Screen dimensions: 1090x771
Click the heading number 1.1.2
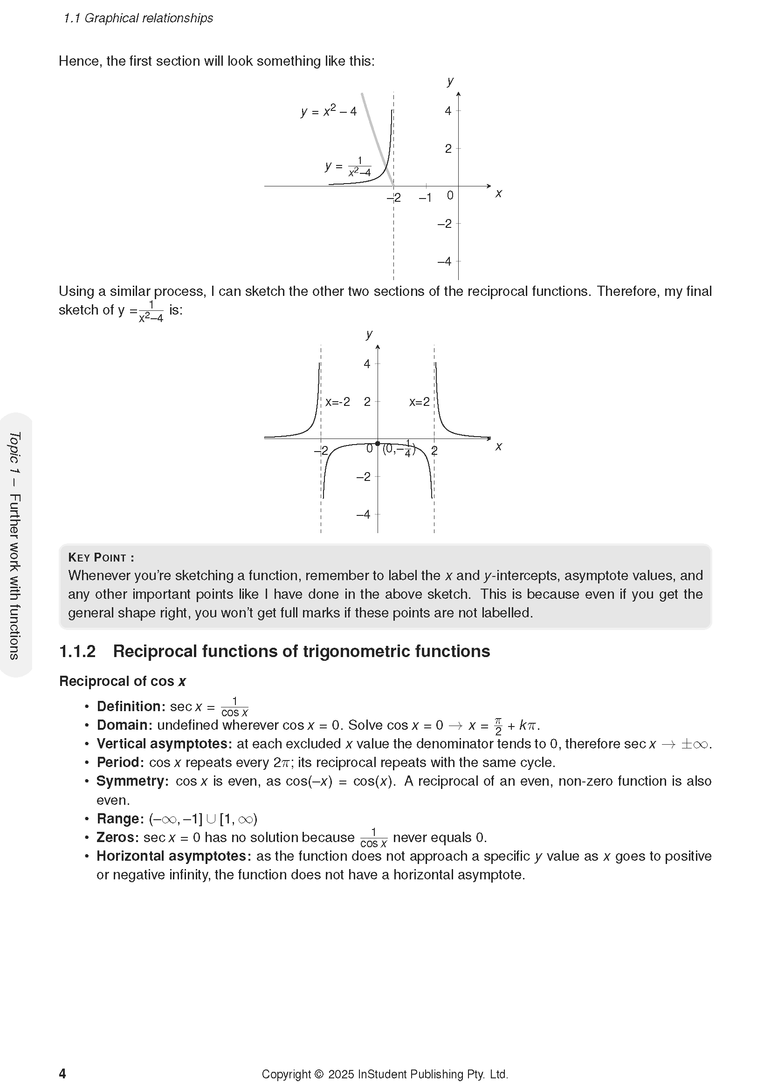77,651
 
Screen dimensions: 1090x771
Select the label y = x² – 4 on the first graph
329,111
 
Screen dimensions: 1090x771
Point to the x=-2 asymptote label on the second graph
337,402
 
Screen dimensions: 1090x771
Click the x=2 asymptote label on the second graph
419,402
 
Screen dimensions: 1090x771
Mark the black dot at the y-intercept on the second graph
378,443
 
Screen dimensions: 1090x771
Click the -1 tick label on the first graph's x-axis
426,198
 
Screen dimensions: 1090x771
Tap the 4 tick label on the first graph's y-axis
447,111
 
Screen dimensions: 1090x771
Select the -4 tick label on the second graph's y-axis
363,514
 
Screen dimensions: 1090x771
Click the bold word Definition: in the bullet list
131,706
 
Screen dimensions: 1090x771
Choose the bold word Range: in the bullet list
120,819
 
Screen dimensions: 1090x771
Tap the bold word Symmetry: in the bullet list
132,781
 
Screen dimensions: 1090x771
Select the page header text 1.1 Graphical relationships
138,18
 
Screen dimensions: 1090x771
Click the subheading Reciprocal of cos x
122,681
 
